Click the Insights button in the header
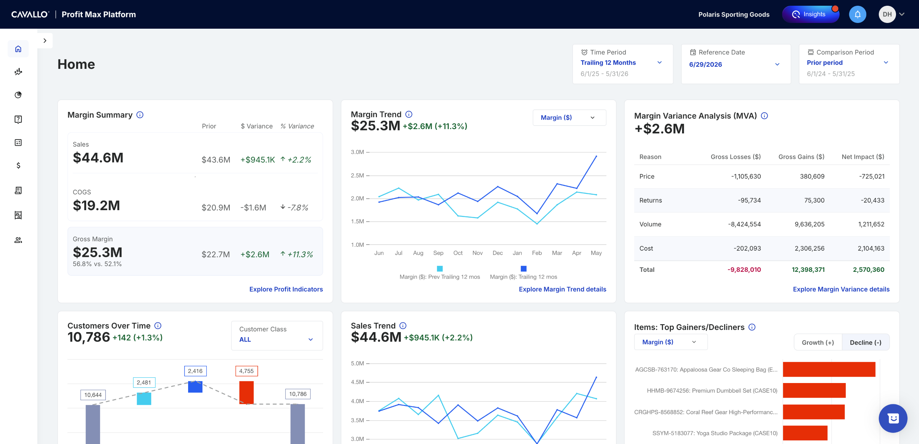(811, 14)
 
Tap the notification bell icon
(858, 14)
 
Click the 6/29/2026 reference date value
(705, 65)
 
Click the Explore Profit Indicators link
(286, 289)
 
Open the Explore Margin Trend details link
(563, 289)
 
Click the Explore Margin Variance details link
(841, 289)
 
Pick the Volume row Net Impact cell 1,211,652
(871, 224)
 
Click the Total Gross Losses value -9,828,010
(744, 270)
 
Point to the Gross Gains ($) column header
(801, 157)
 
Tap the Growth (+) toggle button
(818, 343)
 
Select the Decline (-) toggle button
(866, 343)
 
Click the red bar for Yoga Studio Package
(805, 433)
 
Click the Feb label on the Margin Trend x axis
(537, 253)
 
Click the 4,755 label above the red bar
(246, 371)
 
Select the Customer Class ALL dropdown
(277, 335)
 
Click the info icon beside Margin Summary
(140, 115)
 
